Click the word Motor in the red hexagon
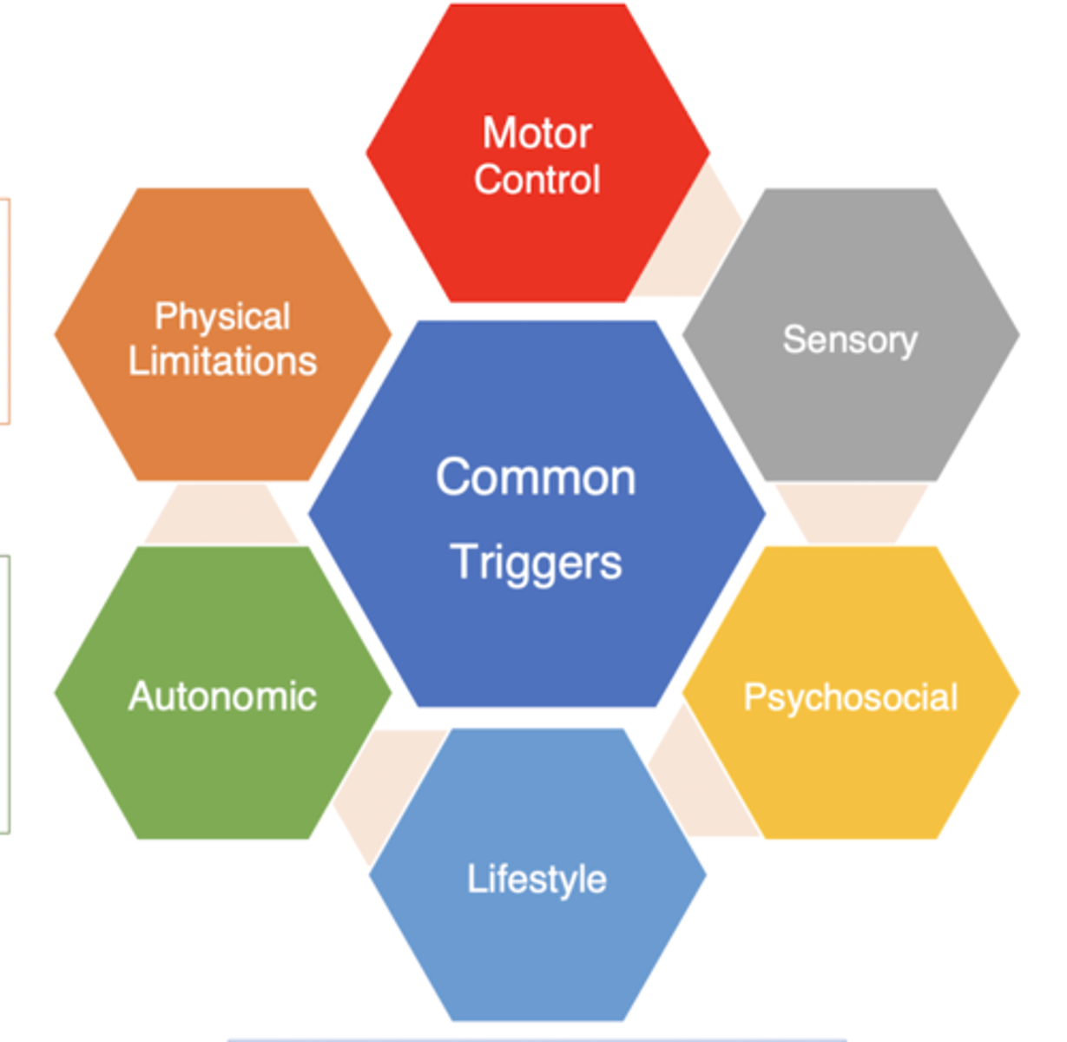click(x=537, y=134)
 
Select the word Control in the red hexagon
click(x=537, y=180)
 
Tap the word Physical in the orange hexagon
click(x=222, y=317)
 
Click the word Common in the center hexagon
click(x=536, y=478)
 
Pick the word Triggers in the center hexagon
click(x=536, y=562)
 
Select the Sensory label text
click(x=850, y=340)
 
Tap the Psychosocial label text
click(x=851, y=697)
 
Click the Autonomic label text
click(x=222, y=696)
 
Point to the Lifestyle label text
click(x=537, y=879)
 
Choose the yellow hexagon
click(x=851, y=764)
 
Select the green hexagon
click(x=222, y=764)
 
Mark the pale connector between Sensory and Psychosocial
click(x=851, y=512)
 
